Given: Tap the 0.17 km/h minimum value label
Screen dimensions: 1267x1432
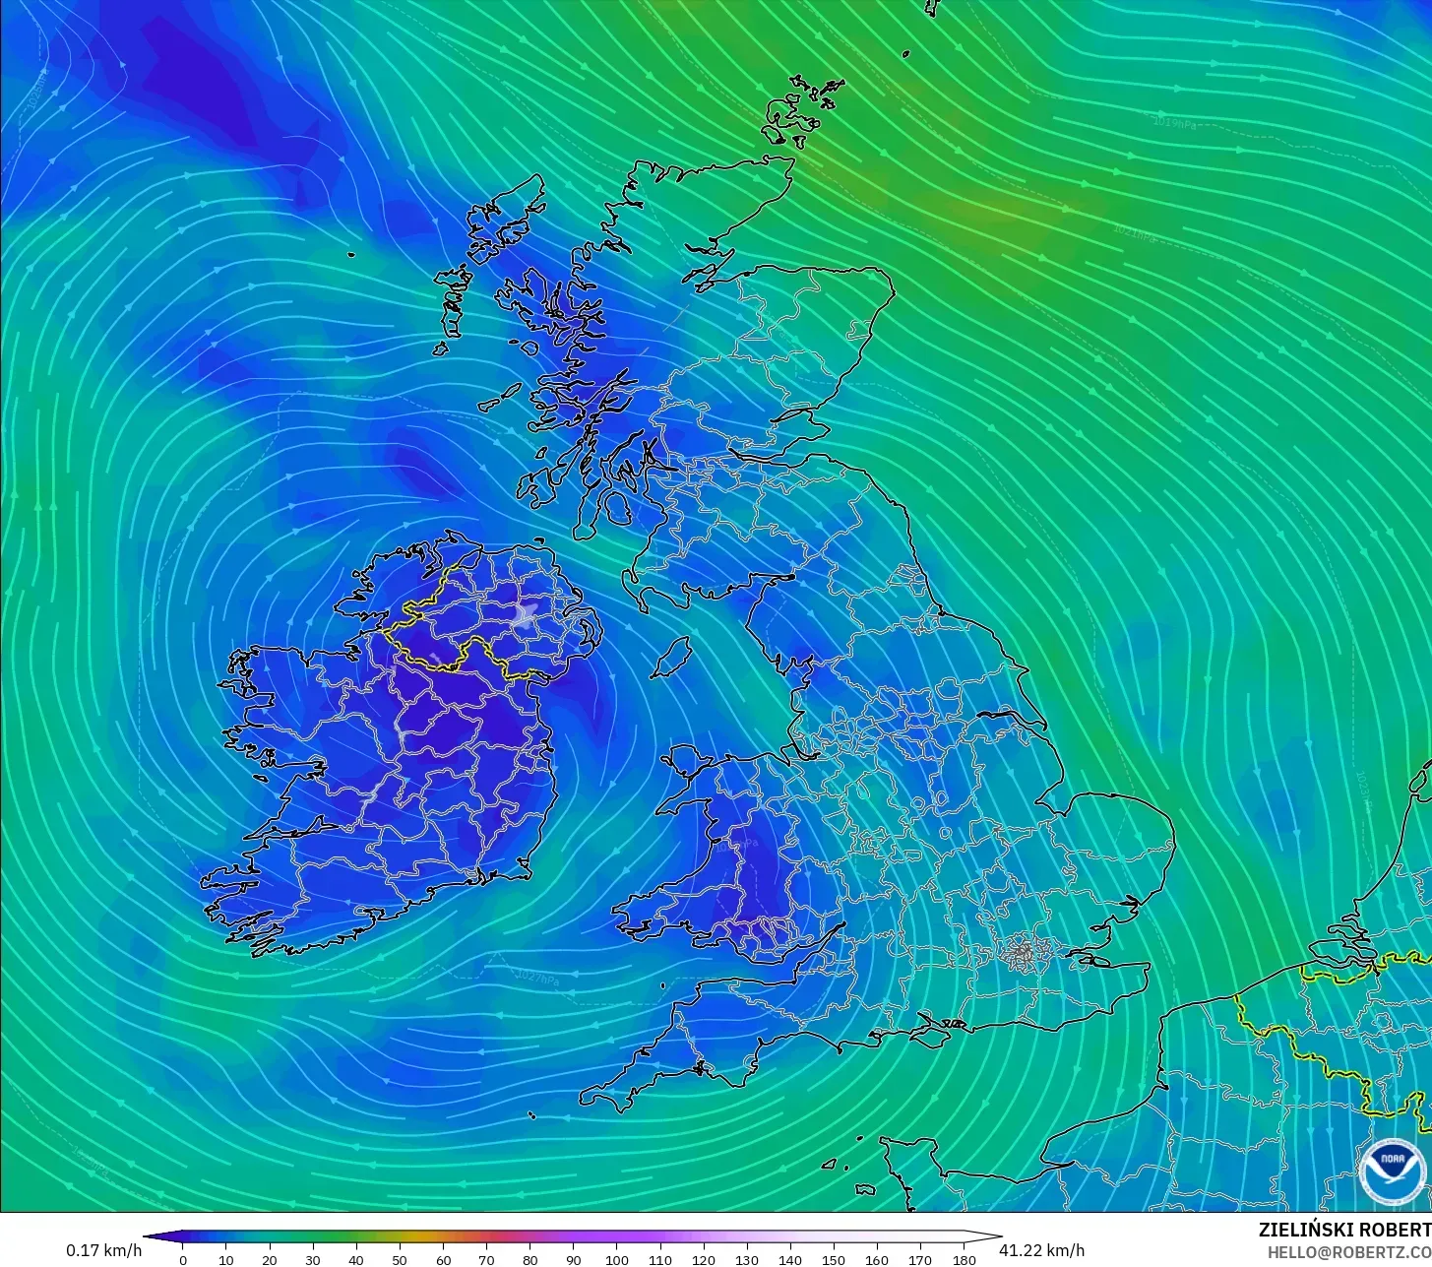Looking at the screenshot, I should tap(103, 1250).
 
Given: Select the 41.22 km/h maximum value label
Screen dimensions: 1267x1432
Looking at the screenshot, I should tap(1042, 1250).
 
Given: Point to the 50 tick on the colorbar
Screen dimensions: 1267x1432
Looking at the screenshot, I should tap(400, 1259).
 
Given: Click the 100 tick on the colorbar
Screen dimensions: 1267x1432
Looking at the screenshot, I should tap(617, 1259).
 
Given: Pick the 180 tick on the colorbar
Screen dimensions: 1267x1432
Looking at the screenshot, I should tap(965, 1259).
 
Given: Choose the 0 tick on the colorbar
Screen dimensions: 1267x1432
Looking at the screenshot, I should tap(183, 1259).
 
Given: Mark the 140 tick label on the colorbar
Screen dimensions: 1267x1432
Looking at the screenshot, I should tap(790, 1260).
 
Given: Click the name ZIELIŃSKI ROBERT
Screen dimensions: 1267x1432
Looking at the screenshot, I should tap(1344, 1230).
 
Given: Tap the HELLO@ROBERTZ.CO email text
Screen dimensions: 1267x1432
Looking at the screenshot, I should tap(1348, 1252).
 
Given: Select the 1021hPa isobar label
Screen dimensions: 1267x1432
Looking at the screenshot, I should tap(1133, 232).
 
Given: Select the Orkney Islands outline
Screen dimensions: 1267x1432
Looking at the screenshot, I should tap(802, 108).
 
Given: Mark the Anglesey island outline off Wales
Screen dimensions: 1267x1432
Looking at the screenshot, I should tap(683, 764).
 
